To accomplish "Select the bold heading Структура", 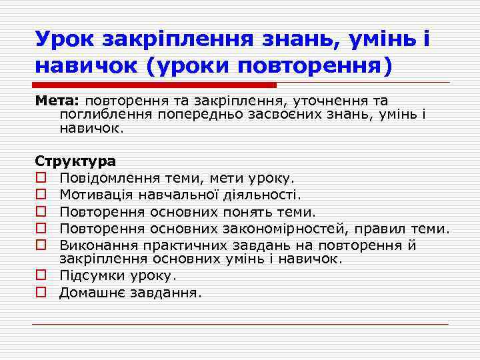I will point(75,162).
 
